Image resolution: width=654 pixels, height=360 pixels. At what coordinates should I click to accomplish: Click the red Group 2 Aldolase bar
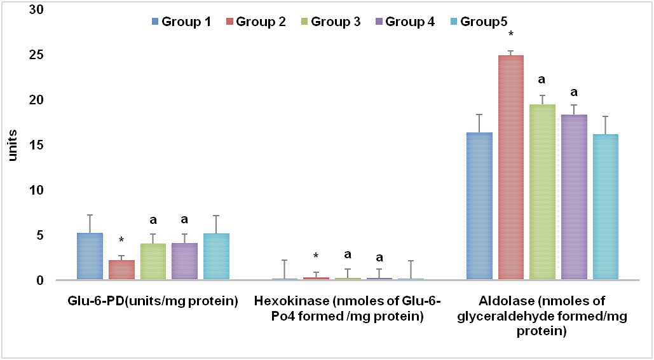click(x=511, y=168)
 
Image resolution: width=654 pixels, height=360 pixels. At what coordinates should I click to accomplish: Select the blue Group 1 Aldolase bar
click(x=479, y=206)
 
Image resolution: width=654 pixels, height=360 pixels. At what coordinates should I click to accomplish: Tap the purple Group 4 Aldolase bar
click(x=574, y=197)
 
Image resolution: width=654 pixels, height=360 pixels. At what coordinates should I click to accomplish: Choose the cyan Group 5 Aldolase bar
click(x=606, y=207)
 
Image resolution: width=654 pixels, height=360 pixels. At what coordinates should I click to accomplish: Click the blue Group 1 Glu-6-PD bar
click(x=90, y=256)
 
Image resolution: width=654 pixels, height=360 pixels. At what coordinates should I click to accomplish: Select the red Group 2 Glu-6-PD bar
click(x=121, y=270)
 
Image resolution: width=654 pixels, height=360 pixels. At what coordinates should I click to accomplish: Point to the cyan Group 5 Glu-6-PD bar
click(x=216, y=257)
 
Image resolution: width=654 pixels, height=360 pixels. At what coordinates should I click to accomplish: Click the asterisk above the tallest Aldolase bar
click(x=511, y=34)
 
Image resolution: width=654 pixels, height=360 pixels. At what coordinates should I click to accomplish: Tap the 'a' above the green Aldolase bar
click(x=542, y=81)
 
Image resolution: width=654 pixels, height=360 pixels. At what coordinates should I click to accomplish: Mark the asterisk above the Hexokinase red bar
click(x=317, y=257)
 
